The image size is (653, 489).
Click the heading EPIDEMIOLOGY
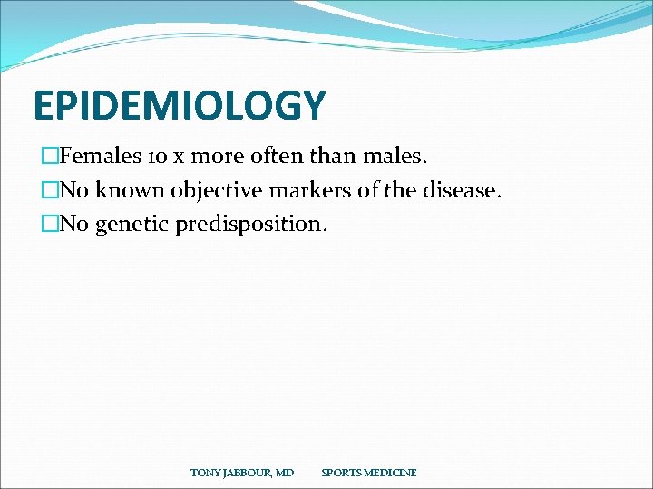[x=178, y=106]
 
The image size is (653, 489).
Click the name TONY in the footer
[x=203, y=473]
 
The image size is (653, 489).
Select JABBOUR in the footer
[x=245, y=473]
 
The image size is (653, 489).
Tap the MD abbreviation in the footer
[x=285, y=473]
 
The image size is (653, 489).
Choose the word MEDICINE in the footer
[x=391, y=473]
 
